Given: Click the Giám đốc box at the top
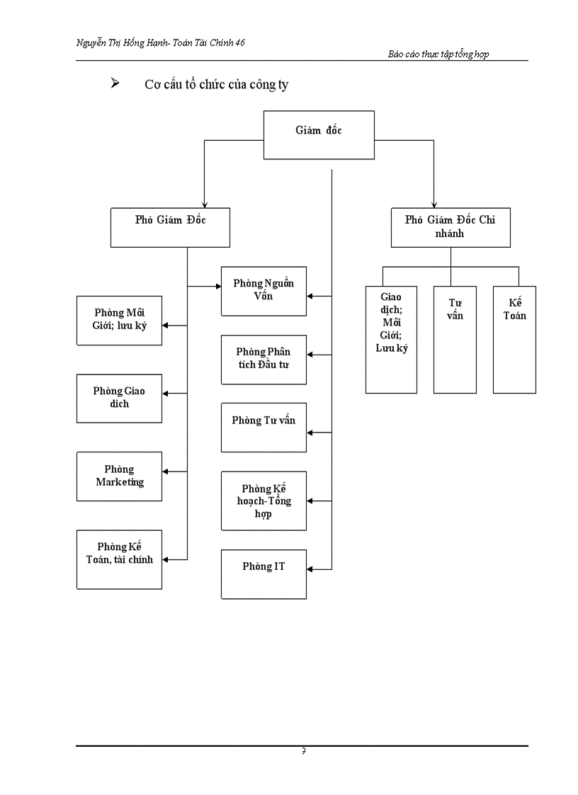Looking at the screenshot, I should point(319,135).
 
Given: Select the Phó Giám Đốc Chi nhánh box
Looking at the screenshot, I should point(450,227).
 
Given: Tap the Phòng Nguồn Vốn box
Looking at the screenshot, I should point(263,291).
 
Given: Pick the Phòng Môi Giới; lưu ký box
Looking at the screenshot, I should point(119,320).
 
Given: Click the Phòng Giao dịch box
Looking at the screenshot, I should point(119,398).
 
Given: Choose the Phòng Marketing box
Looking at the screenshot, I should point(119,476).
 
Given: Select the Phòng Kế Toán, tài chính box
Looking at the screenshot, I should point(119,559).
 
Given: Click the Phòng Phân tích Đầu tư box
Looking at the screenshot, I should point(263,360).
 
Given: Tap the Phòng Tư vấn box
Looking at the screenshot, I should point(263,427).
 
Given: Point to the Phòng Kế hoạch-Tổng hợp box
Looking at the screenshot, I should point(263,501).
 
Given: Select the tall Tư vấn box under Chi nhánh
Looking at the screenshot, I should point(455,339).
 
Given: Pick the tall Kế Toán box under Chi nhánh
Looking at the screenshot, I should point(514,339).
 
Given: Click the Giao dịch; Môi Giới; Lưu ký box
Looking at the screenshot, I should point(391,339).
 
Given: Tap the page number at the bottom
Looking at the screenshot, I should point(303,751).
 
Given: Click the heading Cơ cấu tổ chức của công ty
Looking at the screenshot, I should point(216,85).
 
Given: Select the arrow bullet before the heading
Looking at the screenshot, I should point(114,84).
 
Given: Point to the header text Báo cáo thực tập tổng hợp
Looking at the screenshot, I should point(438,55).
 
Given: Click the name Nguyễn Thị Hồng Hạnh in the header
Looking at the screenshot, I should point(123,43).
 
